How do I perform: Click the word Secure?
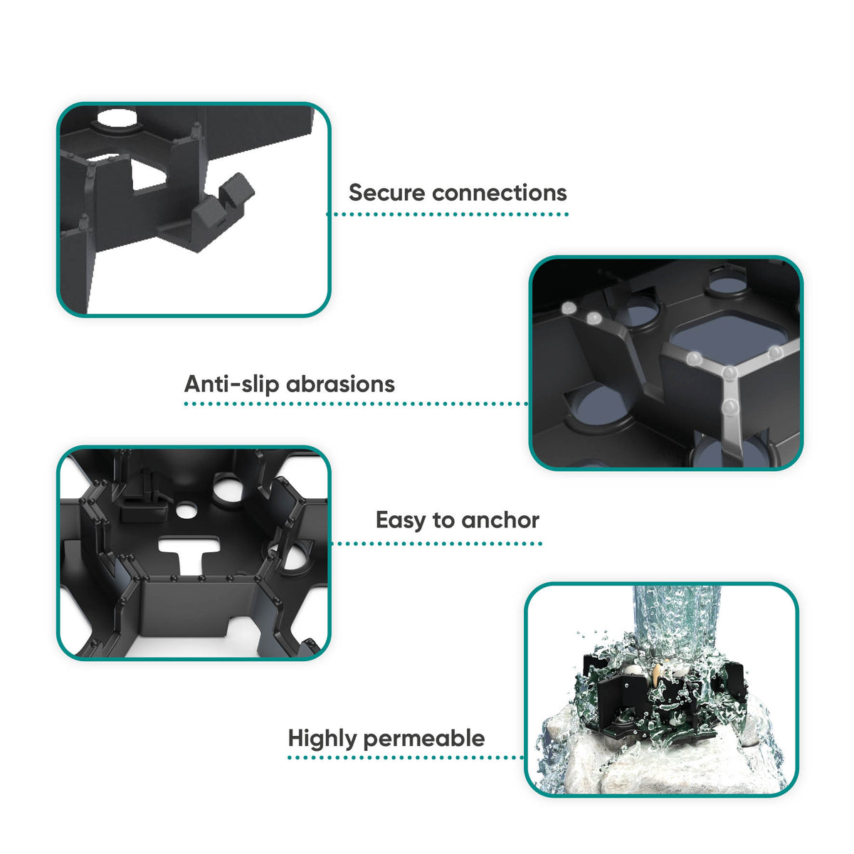tap(387, 193)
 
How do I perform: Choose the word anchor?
tap(500, 520)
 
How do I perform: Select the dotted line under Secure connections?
tap(448, 214)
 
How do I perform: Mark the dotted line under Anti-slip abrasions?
tap(356, 404)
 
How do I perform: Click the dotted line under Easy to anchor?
tap(436, 543)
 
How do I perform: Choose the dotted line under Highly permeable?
tap(406, 757)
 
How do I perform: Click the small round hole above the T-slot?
tap(186, 510)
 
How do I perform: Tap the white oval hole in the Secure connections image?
tap(117, 118)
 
